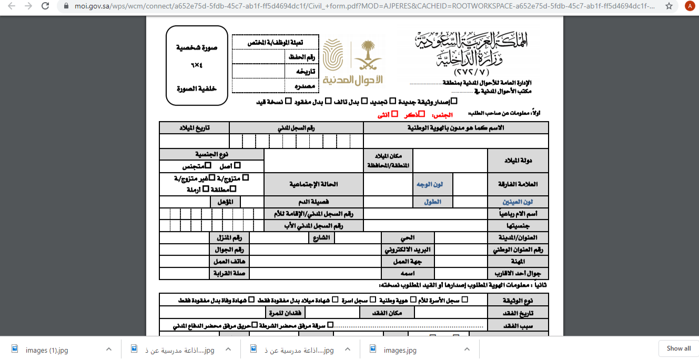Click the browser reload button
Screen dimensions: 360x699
point(45,6)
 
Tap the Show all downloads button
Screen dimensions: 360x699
point(678,348)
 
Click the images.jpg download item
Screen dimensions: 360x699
point(400,349)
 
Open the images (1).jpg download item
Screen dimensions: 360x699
point(47,349)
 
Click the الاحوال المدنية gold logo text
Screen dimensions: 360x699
point(353,79)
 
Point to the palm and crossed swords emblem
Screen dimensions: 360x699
point(367,55)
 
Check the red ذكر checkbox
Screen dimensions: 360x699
point(421,114)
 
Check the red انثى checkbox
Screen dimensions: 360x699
point(395,114)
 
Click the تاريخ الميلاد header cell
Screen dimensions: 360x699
point(195,128)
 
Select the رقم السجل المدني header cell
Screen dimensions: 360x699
point(296,128)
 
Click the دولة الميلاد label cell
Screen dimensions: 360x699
point(518,161)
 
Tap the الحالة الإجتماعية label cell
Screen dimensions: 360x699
point(313,185)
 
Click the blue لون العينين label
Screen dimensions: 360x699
point(518,202)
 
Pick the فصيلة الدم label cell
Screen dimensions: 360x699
point(313,202)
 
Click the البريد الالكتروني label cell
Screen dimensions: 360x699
point(408,249)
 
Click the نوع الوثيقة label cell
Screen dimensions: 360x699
point(518,300)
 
